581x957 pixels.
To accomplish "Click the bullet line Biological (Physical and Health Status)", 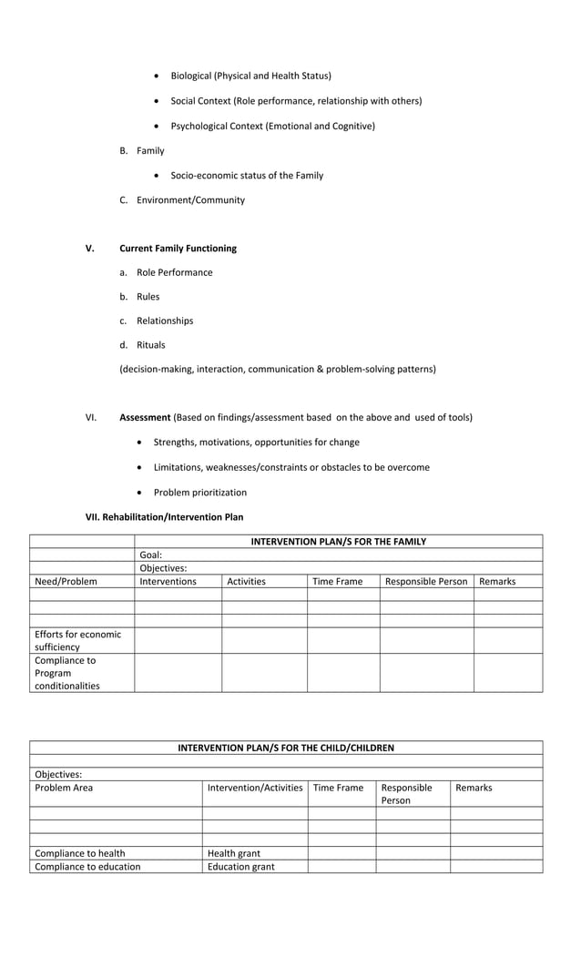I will click(250, 76).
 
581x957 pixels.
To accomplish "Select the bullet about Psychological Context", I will click(272, 126).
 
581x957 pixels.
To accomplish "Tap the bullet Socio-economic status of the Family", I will click(247, 175).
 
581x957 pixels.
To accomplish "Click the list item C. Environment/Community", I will click(182, 199).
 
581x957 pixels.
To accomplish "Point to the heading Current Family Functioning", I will click(178, 248).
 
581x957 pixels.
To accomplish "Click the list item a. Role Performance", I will click(166, 272).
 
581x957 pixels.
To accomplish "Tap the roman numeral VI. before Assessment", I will click(91, 417).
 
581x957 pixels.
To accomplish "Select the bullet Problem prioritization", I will click(199, 492).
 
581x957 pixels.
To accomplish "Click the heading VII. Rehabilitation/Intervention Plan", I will click(164, 516).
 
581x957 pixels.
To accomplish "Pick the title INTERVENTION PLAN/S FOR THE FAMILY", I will click(338, 541).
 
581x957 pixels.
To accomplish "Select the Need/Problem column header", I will click(66, 581).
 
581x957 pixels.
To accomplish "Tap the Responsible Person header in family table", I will click(426, 581).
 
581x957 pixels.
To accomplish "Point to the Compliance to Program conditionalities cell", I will click(67, 673).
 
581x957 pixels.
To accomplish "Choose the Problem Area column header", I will click(64, 788).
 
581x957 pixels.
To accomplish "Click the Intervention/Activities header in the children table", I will click(255, 788).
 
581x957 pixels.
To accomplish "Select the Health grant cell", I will click(234, 853).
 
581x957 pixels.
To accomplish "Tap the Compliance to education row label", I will click(87, 866).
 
